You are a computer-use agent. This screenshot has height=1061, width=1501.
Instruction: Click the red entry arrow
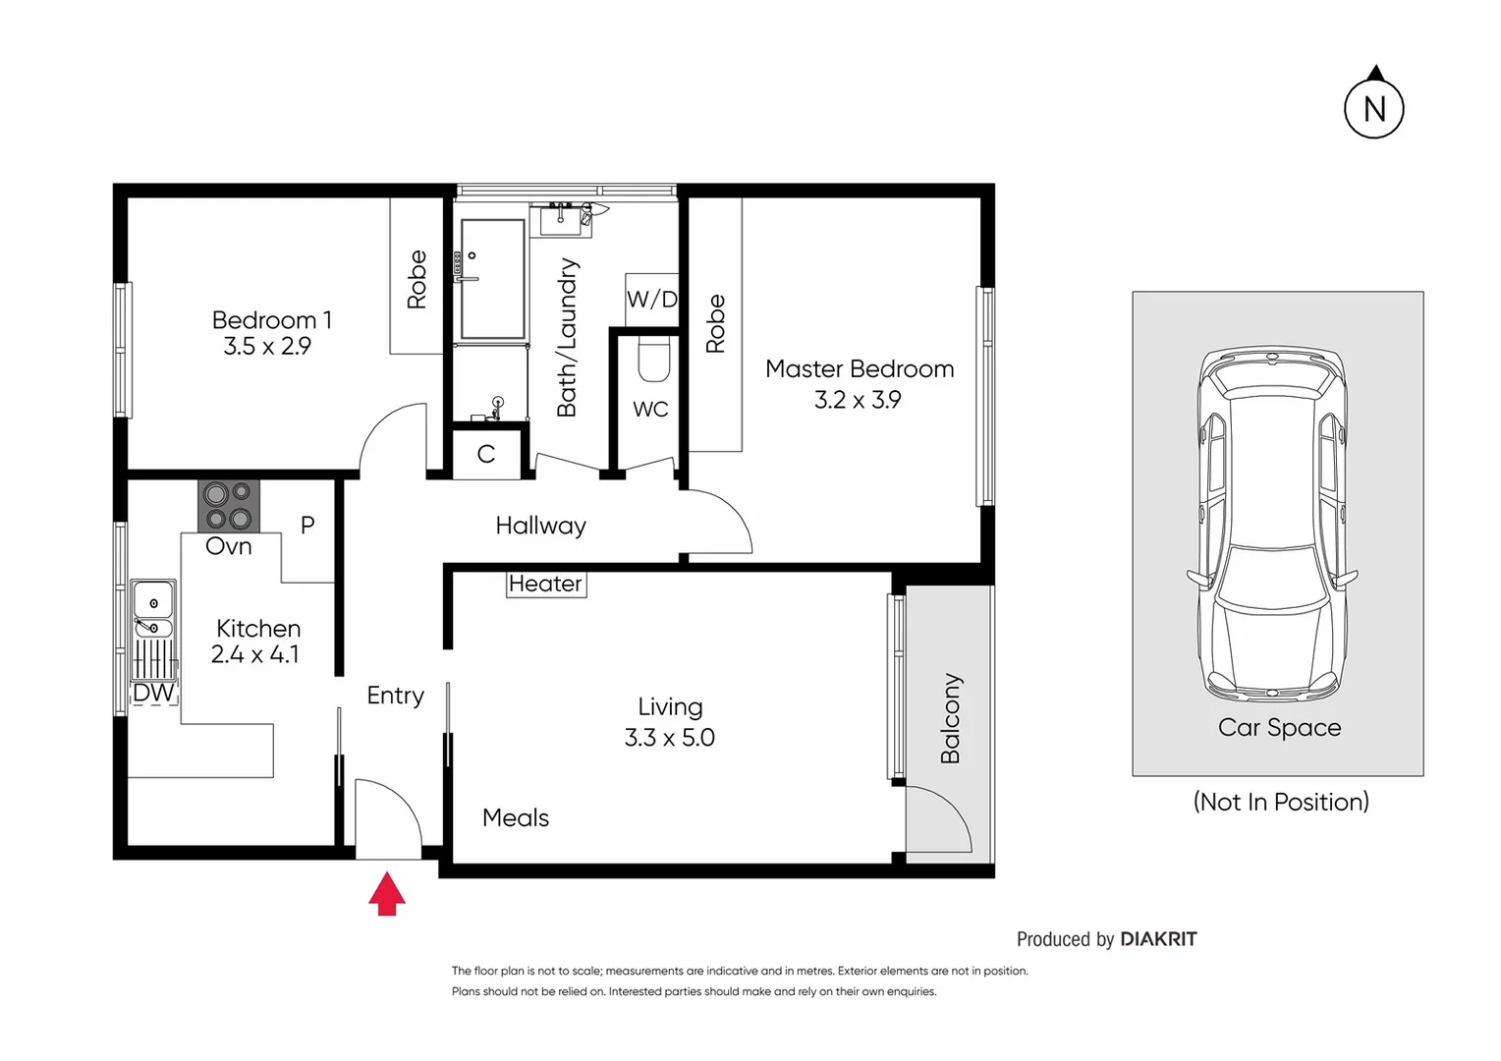tap(387, 893)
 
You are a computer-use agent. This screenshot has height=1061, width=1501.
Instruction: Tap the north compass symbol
tap(1373, 108)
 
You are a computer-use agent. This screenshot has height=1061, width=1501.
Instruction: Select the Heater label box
tap(546, 584)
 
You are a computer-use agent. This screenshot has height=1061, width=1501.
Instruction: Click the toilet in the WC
tap(653, 360)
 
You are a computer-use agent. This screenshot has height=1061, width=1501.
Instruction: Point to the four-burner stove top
tap(229, 506)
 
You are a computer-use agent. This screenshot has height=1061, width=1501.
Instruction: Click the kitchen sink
tap(153, 609)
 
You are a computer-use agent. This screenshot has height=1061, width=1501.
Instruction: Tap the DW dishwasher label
tap(153, 693)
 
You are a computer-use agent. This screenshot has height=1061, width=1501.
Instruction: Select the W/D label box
tap(652, 299)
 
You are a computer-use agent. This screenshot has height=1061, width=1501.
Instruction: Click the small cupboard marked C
tap(486, 454)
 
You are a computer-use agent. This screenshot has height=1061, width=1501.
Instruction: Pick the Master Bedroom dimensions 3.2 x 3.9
tap(858, 400)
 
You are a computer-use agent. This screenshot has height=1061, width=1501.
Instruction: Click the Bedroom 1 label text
tap(271, 320)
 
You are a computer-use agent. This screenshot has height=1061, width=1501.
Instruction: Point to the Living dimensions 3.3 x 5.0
tap(670, 738)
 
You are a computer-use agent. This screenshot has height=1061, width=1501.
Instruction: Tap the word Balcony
tap(950, 718)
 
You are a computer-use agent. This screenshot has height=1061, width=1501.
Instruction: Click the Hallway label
tap(540, 527)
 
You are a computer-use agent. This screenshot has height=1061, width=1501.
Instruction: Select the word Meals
tap(516, 817)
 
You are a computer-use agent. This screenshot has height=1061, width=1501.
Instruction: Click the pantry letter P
tap(307, 525)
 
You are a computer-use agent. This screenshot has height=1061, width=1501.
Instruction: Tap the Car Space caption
tap(1279, 727)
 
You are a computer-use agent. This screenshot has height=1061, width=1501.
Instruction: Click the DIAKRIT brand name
tap(1158, 939)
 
